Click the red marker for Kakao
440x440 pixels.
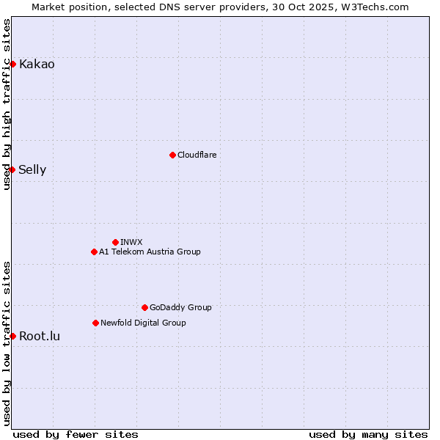coord(12,64)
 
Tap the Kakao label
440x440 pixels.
coord(37,65)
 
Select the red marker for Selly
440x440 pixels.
coord(12,169)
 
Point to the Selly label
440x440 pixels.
coord(32,170)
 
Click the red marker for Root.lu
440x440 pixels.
coord(12,336)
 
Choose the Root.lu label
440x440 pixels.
coord(40,337)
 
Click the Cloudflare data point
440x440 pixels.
coord(172,155)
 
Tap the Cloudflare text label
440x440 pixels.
coord(197,155)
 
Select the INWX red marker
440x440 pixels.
coord(115,242)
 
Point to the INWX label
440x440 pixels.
coord(131,243)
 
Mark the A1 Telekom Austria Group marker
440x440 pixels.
coord(94,252)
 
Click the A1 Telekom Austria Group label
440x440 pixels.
coord(150,252)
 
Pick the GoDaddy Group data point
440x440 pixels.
coord(144,307)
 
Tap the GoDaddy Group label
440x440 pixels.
coord(180,308)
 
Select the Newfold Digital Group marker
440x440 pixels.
coord(95,323)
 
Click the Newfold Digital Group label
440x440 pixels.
coord(143,323)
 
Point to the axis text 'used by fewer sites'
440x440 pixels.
coord(76,434)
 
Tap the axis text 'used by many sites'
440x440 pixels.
coord(368,434)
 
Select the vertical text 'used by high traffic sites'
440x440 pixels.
coord(7,105)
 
